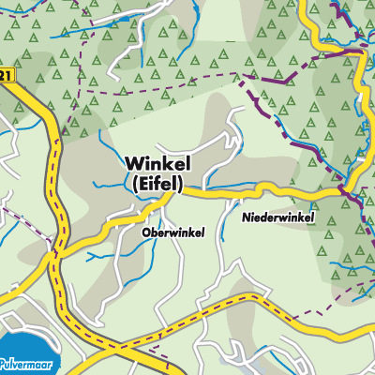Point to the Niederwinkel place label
click(x=277, y=217)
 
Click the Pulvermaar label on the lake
click(x=28, y=360)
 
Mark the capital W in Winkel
click(x=134, y=164)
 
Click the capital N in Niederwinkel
click(x=245, y=217)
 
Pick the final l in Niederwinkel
click(x=313, y=217)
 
